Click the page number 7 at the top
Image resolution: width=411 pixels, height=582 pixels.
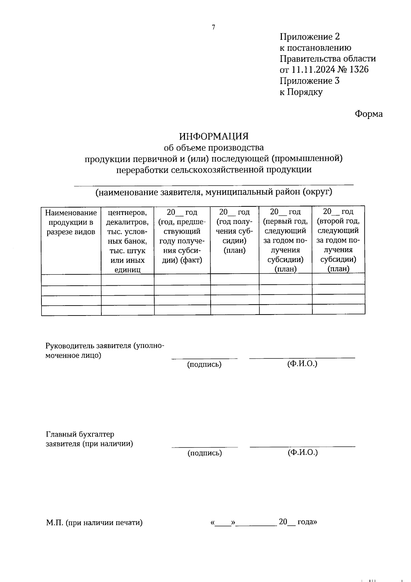pyautogui.click(x=213, y=27)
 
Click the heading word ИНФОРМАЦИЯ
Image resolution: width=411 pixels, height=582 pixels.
pyautogui.click(x=214, y=136)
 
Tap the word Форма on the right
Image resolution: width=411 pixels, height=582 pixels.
pyautogui.click(x=369, y=114)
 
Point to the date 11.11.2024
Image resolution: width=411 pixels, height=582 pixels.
pyautogui.click(x=313, y=70)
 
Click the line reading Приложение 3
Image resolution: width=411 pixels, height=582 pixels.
pyautogui.click(x=310, y=81)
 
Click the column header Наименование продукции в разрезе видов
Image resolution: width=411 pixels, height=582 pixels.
pyautogui.click(x=71, y=222)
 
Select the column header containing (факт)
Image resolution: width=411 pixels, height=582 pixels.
pyautogui.click(x=182, y=236)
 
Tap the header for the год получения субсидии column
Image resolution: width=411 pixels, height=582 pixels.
pyautogui.click(x=235, y=231)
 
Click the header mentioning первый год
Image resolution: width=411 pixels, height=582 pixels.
pyautogui.click(x=285, y=240)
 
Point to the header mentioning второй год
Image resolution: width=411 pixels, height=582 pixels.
pyautogui.click(x=338, y=240)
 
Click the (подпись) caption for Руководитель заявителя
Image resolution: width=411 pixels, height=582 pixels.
pyautogui.click(x=204, y=364)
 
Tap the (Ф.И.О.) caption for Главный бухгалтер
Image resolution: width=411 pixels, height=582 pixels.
pyautogui.click(x=303, y=452)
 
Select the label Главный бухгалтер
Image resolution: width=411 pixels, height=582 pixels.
pyautogui.click(x=80, y=435)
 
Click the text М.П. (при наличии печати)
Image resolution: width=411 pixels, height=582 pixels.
pyautogui.click(x=95, y=523)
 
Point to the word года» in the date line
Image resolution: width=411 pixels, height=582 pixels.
pyautogui.click(x=307, y=522)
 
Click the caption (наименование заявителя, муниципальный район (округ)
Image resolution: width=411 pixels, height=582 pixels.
pyautogui.click(x=214, y=192)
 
